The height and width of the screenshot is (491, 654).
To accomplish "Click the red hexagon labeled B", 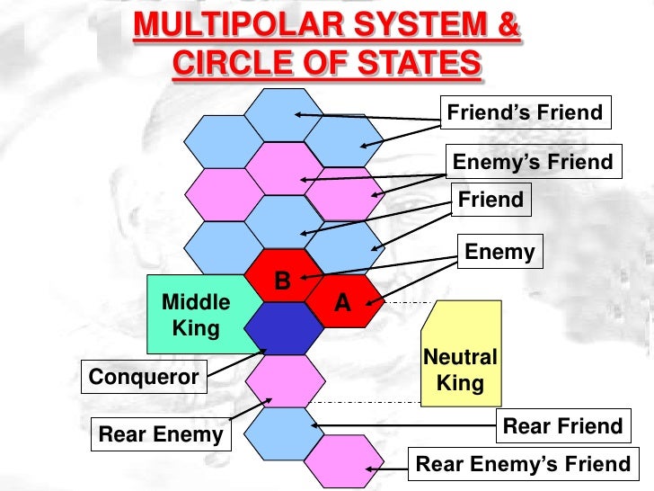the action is [x=282, y=276].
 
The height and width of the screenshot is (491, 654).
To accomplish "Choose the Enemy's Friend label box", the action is [x=533, y=162].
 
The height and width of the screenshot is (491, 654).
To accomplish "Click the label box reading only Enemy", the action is [x=499, y=253].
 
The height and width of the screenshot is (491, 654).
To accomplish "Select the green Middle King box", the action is [x=196, y=315].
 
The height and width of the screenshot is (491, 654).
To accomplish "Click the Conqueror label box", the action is [x=145, y=377].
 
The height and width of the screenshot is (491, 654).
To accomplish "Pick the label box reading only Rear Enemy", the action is [x=161, y=435].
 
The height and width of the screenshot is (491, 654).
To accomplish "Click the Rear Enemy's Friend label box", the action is [x=523, y=464].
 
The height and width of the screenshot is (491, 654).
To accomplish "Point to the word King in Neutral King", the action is [x=460, y=384].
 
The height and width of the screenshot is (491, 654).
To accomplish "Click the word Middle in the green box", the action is [x=196, y=301].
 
